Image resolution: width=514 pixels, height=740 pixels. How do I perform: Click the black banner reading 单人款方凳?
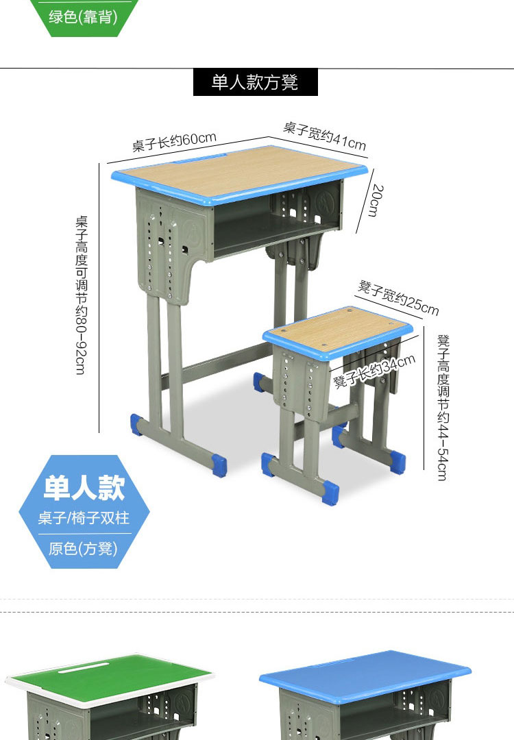pyautogui.click(x=256, y=82)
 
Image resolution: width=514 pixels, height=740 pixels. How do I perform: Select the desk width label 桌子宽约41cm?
pyautogui.click(x=325, y=136)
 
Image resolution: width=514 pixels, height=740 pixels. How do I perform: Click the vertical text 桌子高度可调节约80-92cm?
pyautogui.click(x=82, y=295)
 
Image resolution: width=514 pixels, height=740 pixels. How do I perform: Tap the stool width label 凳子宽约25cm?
pyautogui.click(x=398, y=297)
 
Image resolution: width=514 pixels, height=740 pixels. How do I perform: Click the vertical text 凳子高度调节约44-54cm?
pyautogui.click(x=443, y=407)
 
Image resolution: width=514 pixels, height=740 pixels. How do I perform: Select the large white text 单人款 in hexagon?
pyautogui.click(x=84, y=488)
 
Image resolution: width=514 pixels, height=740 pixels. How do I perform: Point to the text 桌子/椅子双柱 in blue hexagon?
pyautogui.click(x=84, y=518)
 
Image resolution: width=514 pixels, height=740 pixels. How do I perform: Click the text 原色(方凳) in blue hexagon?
pyautogui.click(x=83, y=548)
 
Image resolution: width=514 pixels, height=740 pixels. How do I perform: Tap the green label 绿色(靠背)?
pyautogui.click(x=83, y=17)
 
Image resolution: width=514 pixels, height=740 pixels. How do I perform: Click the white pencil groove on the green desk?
pyautogui.click(x=83, y=667)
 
